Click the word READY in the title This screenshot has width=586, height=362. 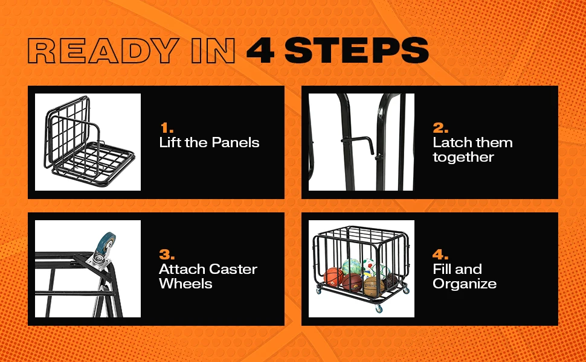tap(103, 51)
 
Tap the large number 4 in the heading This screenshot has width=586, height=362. tap(260, 51)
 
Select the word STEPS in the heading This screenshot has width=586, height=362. tap(356, 51)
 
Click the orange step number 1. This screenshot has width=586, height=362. tap(167, 128)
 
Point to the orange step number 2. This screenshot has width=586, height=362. tap(440, 128)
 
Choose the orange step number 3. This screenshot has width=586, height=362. tap(167, 255)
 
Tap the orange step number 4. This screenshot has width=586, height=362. tap(440, 255)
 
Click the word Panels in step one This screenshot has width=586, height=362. tap(236, 142)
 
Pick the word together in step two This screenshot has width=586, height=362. tap(463, 157)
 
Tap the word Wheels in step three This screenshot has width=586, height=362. tap(185, 284)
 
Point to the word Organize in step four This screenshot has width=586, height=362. tap(465, 284)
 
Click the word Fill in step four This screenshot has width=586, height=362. tap(442, 269)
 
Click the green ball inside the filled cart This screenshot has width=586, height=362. tap(352, 267)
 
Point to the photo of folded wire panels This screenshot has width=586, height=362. tap(88, 142)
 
